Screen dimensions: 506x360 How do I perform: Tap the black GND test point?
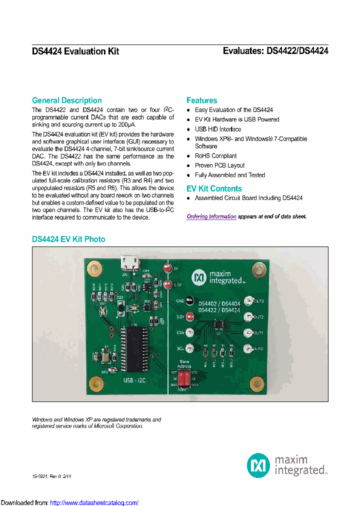click(189, 301)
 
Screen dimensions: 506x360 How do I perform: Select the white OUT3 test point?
click(248, 301)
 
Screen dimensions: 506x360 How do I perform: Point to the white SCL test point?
click(189, 348)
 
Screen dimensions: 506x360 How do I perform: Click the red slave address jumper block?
click(184, 378)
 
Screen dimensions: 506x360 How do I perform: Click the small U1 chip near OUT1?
click(218, 324)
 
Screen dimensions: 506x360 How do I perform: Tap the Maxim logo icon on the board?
click(199, 276)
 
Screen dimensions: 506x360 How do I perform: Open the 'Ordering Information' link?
click(211, 216)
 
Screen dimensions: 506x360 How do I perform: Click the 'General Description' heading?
click(66, 100)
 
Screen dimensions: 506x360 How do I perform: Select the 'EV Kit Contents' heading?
click(214, 188)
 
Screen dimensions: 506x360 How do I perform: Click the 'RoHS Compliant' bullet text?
click(215, 156)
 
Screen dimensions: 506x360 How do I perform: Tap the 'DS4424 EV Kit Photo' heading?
click(68, 239)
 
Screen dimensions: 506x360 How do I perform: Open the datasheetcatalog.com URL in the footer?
click(94, 502)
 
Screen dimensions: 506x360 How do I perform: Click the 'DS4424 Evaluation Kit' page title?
click(75, 51)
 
